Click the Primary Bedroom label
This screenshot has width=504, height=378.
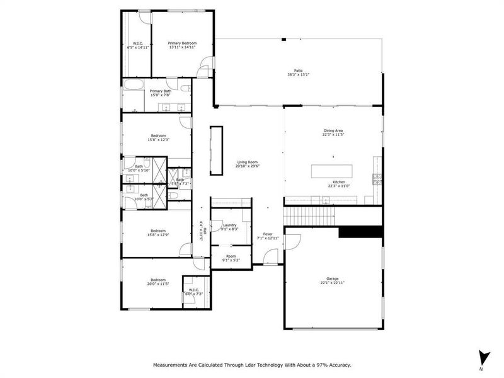click(x=182, y=43)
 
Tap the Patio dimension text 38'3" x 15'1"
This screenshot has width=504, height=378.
click(x=298, y=75)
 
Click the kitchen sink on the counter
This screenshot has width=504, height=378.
click(x=326, y=200)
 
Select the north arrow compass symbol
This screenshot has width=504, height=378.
click(x=483, y=357)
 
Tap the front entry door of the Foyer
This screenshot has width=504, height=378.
click(x=270, y=257)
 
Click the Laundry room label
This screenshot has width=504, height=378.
click(x=229, y=225)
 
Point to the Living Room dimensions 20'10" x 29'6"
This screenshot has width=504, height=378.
click(x=248, y=167)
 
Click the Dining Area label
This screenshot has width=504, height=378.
click(x=333, y=130)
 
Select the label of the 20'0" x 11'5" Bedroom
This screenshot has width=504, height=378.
click(x=157, y=280)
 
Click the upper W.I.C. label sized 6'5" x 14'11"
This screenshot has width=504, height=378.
click(x=137, y=43)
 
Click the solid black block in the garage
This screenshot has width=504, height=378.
click(x=360, y=232)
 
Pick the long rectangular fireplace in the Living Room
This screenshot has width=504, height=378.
click(x=217, y=150)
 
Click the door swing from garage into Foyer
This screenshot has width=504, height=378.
click(x=292, y=241)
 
